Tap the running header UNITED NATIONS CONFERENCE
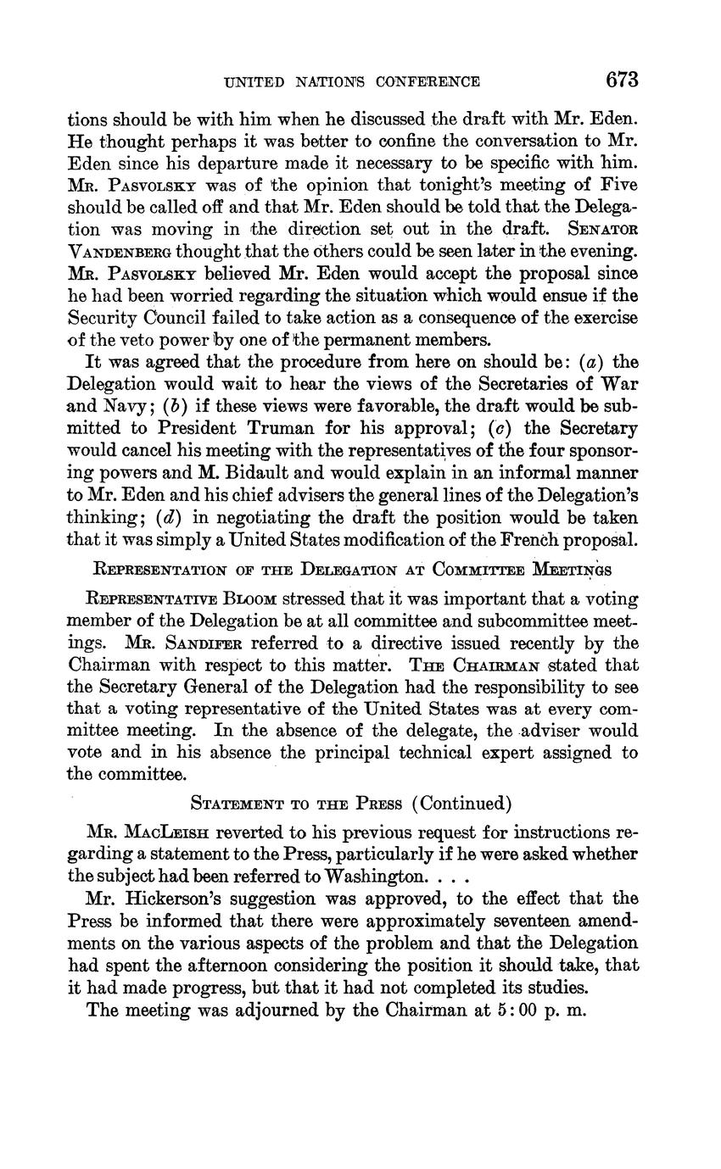click(352, 82)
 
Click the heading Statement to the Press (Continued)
click(351, 803)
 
